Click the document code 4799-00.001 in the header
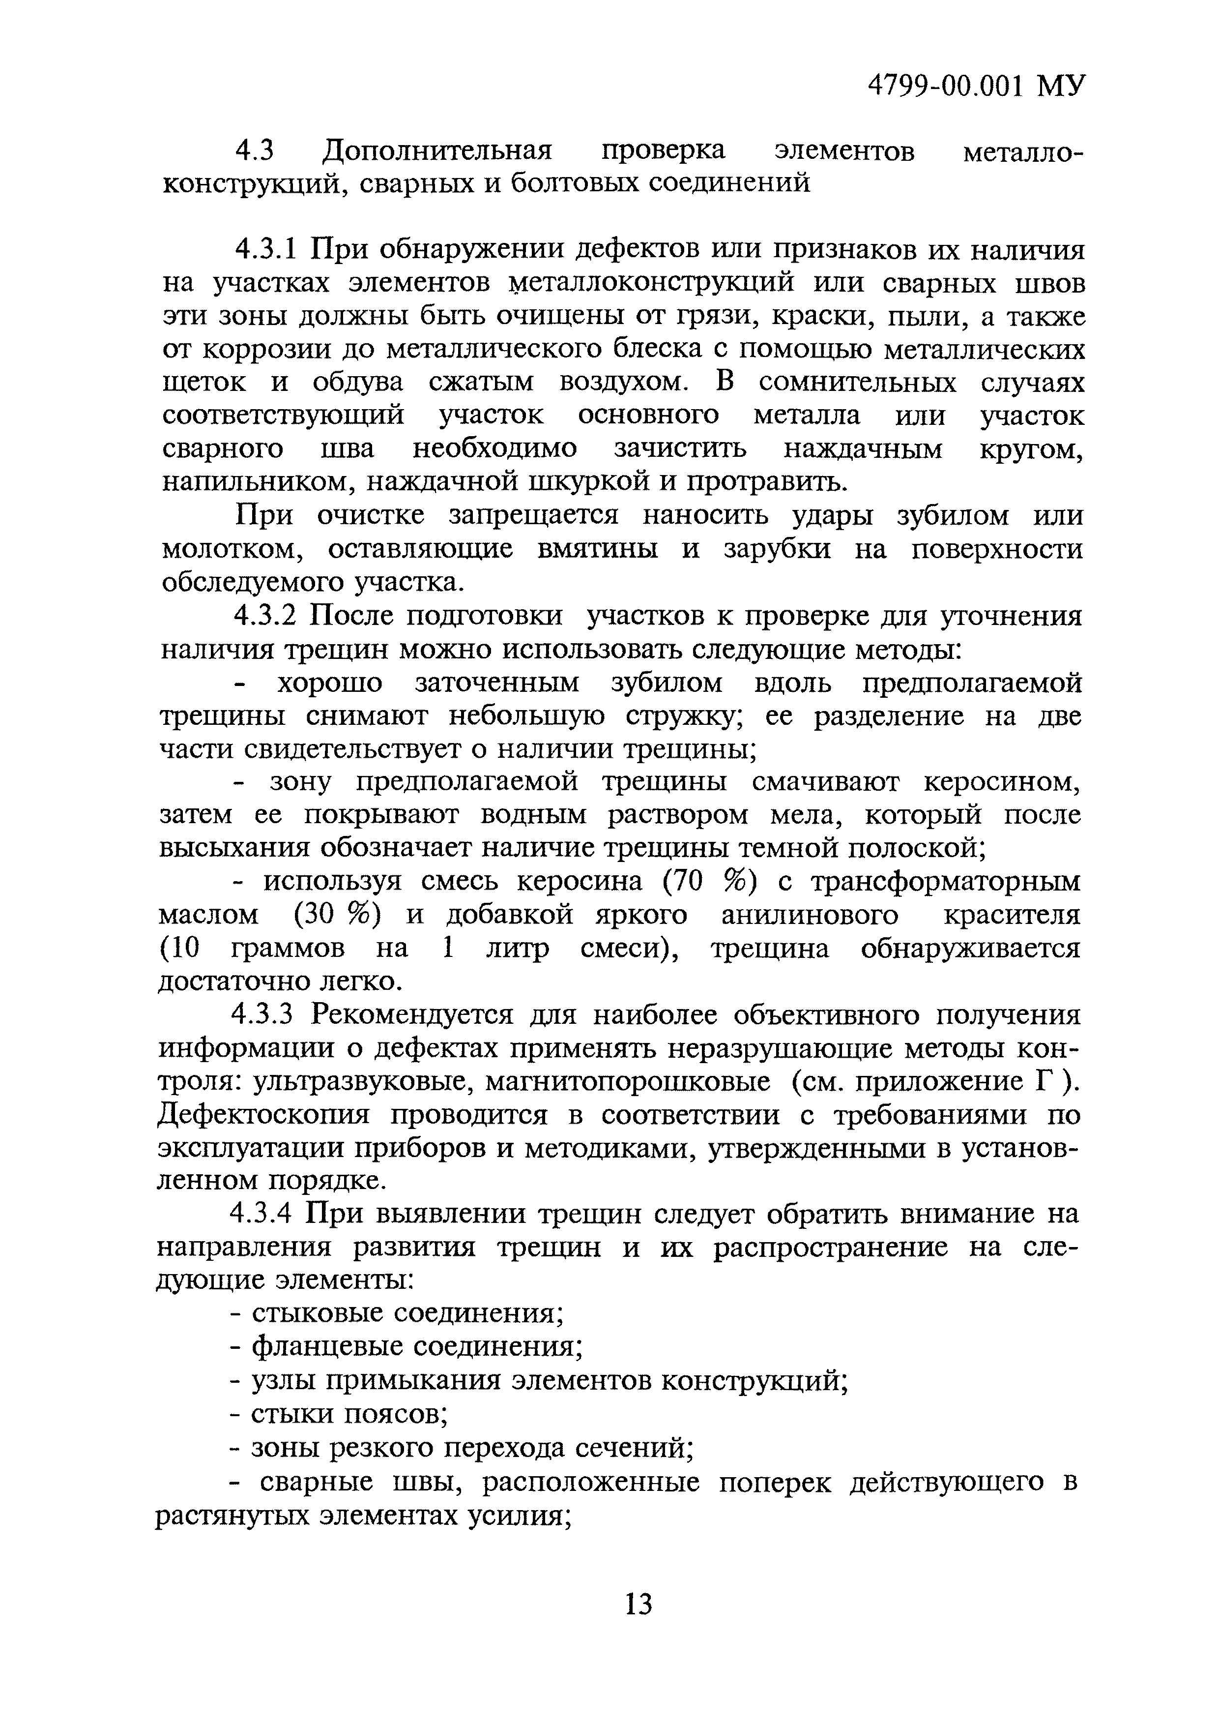tap(946, 87)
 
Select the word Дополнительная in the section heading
tap(437, 151)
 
